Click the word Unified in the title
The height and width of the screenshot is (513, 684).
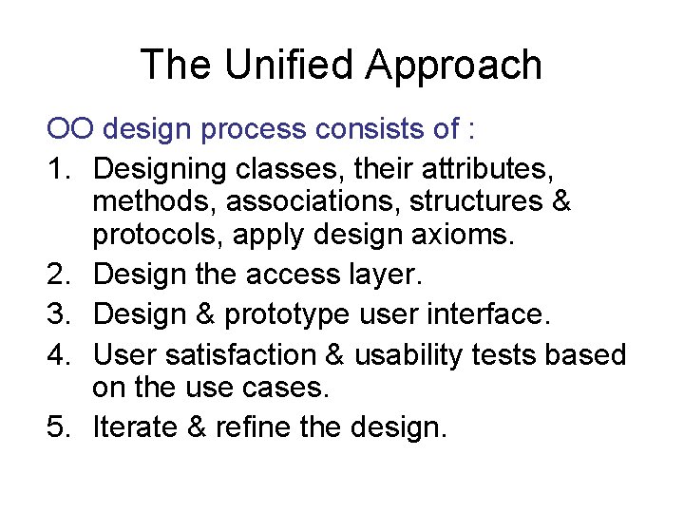pyautogui.click(x=286, y=66)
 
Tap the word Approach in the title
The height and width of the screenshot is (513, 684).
pyautogui.click(x=454, y=66)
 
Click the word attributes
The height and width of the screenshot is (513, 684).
pyautogui.click(x=484, y=169)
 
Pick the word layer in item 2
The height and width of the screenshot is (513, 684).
pyautogui.click(x=379, y=275)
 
